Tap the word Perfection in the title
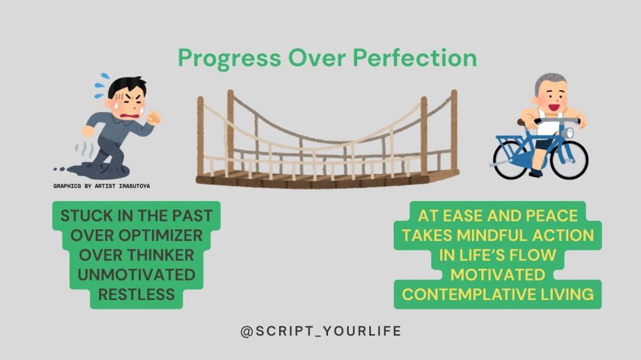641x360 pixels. [x=414, y=58]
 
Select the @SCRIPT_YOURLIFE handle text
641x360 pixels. [x=321, y=331]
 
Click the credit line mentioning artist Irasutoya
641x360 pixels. [x=101, y=186]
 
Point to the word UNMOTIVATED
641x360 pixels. [x=136, y=275]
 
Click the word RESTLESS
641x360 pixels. [x=136, y=294]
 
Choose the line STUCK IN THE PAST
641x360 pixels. [x=136, y=215]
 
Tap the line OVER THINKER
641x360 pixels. [x=136, y=255]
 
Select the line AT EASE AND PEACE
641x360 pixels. [x=498, y=215]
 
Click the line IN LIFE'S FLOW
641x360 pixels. [x=498, y=255]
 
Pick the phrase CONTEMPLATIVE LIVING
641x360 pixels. [x=498, y=294]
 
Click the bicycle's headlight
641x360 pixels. [x=567, y=133]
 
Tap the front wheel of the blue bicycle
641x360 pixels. [x=569, y=160]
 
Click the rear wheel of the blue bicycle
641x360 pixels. [x=511, y=160]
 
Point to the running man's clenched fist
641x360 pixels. [x=154, y=118]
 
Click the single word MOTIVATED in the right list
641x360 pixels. [x=498, y=275]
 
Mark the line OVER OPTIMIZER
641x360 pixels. [x=136, y=235]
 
